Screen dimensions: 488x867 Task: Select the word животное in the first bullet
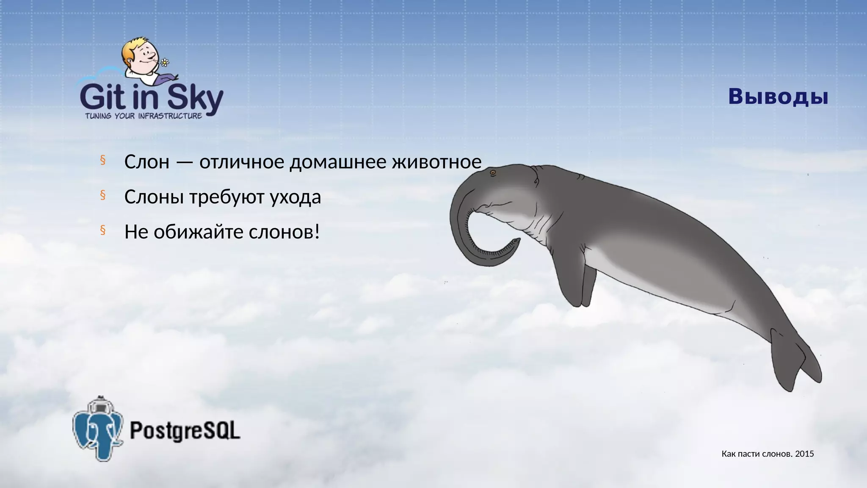click(436, 162)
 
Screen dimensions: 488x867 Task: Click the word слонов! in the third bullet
click(284, 232)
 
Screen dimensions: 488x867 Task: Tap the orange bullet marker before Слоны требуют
click(102, 195)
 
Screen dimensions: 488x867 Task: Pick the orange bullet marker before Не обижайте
click(102, 230)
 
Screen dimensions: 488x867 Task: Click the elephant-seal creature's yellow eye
click(493, 173)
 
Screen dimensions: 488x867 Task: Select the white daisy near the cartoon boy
click(165, 63)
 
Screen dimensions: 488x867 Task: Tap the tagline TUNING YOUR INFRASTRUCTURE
click(144, 116)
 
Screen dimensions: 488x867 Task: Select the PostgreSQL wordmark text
click(185, 431)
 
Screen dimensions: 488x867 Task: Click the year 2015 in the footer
click(804, 454)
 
